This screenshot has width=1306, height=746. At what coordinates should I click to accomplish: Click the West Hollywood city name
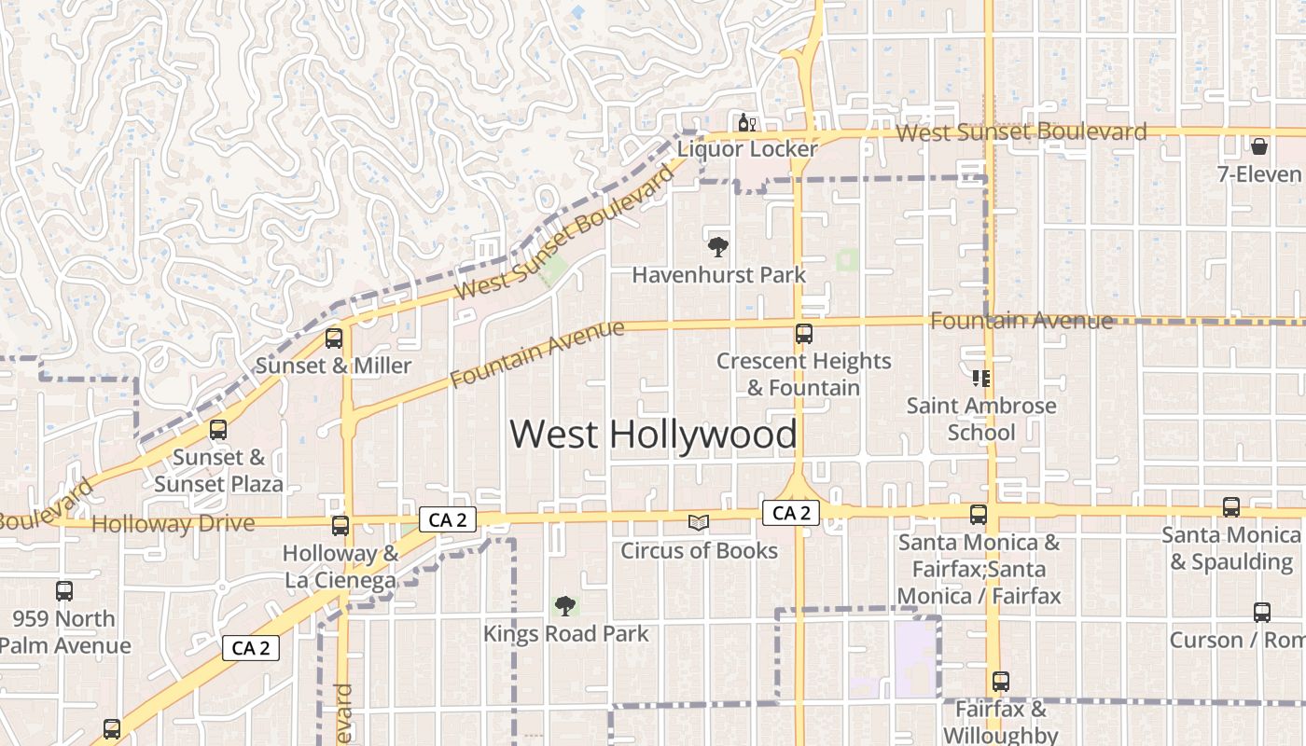(x=653, y=435)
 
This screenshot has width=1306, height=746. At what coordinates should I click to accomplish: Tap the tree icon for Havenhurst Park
(x=717, y=247)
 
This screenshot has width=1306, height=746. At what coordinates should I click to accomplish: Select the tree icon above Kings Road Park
(x=564, y=606)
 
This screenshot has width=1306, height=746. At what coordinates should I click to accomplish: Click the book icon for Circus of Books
(x=699, y=523)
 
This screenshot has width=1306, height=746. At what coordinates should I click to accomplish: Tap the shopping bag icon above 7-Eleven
(x=1258, y=146)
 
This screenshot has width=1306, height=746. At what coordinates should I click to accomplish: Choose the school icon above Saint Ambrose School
(x=980, y=378)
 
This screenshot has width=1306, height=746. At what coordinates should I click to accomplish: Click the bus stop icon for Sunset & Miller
(x=333, y=338)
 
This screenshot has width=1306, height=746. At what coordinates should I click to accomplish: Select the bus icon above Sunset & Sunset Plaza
(x=217, y=430)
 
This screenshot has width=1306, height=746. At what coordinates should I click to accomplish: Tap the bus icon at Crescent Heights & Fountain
(x=803, y=333)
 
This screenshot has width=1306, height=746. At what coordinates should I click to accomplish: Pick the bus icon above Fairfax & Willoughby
(x=1000, y=682)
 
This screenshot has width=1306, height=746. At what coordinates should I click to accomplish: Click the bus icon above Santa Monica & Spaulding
(x=1230, y=507)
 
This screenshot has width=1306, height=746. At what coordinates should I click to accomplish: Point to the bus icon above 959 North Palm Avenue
(x=63, y=590)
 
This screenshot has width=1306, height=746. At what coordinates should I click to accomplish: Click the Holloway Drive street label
(x=174, y=524)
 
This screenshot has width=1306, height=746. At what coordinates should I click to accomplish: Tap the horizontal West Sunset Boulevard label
(x=1021, y=132)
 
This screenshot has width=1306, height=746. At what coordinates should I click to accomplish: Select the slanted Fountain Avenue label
(x=536, y=353)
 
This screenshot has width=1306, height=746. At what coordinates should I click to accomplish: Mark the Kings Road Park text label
(x=565, y=634)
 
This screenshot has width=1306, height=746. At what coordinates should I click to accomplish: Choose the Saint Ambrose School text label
(x=981, y=419)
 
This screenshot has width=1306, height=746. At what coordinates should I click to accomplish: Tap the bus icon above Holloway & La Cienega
(x=340, y=526)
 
